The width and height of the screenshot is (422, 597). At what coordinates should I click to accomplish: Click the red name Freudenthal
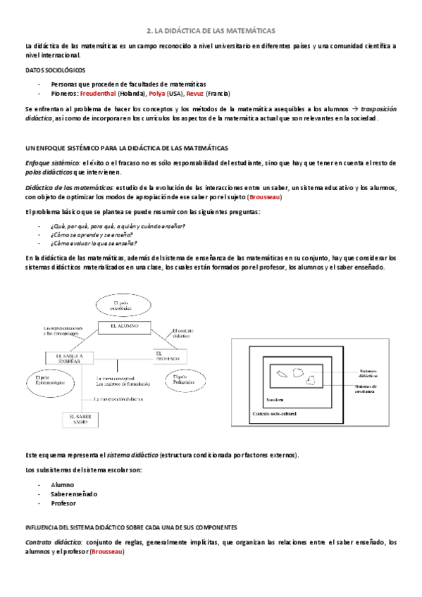pyautogui.click(x=102, y=93)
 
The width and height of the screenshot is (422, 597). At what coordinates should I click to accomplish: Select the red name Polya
pyautogui.click(x=158, y=93)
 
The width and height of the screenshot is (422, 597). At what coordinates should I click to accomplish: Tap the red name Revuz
pyautogui.click(x=194, y=93)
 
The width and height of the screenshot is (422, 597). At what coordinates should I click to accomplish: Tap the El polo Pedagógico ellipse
pyautogui.click(x=182, y=381)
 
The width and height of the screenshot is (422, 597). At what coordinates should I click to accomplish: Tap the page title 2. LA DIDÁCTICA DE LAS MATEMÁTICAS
pyautogui.click(x=211, y=31)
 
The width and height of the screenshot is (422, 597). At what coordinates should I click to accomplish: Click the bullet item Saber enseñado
pyautogui.click(x=74, y=494)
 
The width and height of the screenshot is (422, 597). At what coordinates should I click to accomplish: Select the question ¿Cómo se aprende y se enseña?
pyautogui.click(x=91, y=234)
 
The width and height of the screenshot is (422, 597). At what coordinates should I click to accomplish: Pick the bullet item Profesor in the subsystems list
pyautogui.click(x=63, y=503)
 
